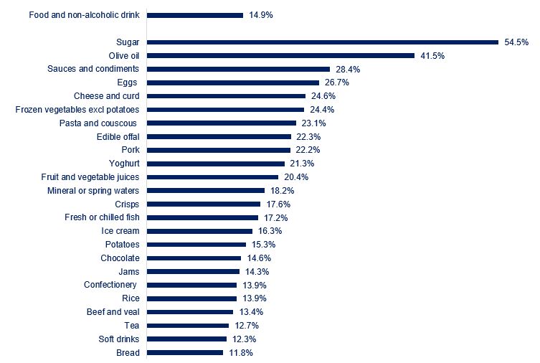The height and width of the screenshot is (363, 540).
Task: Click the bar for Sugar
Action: coord(323,42)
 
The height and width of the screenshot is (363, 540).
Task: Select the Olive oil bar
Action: coord(281,55)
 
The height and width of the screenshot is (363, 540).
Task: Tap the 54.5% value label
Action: coord(515,42)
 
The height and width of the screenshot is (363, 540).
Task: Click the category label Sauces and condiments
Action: coord(93,69)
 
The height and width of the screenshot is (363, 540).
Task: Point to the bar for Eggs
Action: coord(233,82)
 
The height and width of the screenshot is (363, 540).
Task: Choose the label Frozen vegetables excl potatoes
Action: coord(77,110)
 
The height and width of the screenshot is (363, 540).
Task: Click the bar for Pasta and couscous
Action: coord(222,123)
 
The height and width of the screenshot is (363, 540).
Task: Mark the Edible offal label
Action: coord(118,137)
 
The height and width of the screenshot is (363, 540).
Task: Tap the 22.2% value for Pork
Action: coord(307,150)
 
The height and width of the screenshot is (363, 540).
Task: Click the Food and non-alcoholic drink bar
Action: coord(195,14)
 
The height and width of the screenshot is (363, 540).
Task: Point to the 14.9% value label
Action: coord(260,14)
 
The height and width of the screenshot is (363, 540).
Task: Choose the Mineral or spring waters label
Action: coord(93,191)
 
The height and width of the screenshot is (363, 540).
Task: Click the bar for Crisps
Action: coord(204,204)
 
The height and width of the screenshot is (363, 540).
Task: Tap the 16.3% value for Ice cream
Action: coord(270,231)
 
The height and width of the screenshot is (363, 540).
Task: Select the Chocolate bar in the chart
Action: coord(194,258)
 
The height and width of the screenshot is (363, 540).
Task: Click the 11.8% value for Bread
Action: coord(240,353)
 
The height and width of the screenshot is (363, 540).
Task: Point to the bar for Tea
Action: coord(188,326)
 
